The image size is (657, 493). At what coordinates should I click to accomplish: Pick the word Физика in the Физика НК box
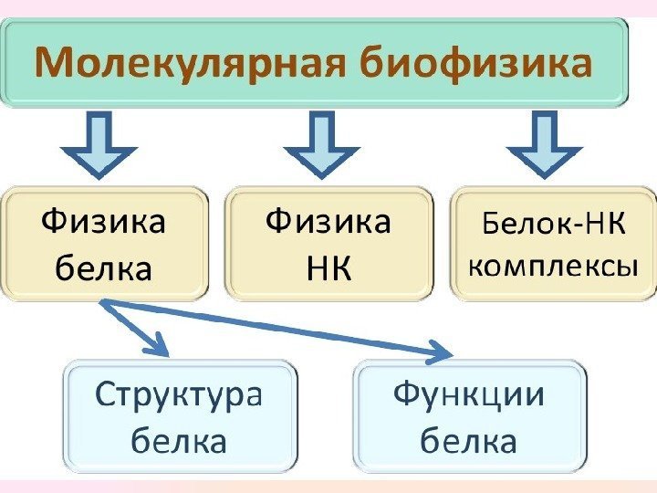(328, 223)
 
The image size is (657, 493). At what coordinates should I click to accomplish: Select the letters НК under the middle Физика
(328, 268)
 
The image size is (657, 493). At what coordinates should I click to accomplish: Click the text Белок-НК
(553, 223)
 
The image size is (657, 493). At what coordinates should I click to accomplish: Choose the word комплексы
(553, 267)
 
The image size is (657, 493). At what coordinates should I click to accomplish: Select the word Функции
(468, 396)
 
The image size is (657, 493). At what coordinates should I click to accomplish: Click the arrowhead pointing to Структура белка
(160, 346)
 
